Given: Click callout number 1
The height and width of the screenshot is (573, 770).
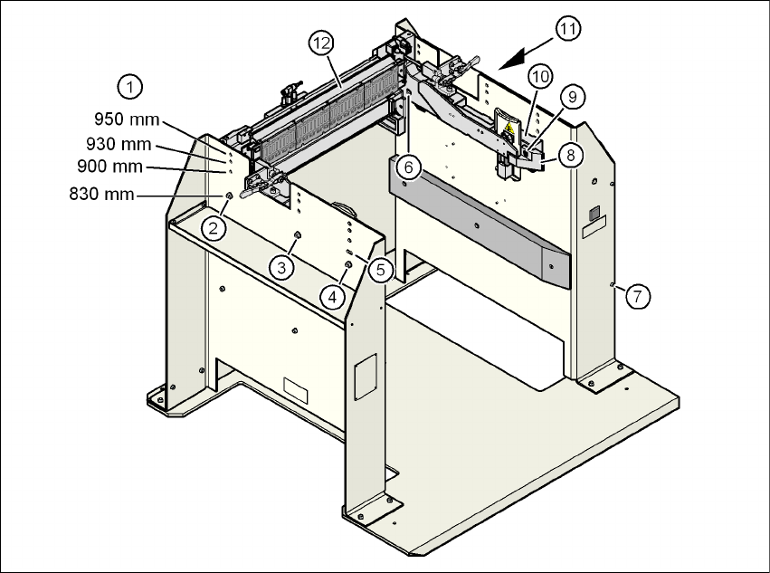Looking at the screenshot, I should coord(130,87).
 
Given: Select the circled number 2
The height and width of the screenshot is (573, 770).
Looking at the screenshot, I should coord(214,227).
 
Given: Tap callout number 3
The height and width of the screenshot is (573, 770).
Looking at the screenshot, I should coord(282,267).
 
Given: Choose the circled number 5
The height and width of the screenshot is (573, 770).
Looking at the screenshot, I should coord(379,269).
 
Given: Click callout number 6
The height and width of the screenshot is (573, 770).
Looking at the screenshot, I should coord(408,167).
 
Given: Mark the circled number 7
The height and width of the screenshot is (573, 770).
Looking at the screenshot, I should coord(638,295).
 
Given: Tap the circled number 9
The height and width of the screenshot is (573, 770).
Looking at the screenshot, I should coord(570,96).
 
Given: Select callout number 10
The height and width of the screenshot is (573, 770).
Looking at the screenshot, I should coord(539,76).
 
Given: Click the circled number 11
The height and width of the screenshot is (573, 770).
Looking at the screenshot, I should coord(567,29).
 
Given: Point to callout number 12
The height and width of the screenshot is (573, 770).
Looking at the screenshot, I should coord(320,42).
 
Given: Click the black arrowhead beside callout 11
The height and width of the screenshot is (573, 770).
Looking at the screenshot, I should coord(514,58).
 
